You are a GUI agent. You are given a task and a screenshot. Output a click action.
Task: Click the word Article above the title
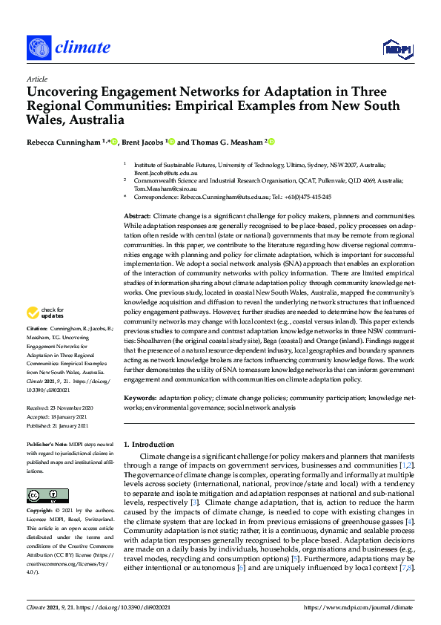click(x=36, y=79)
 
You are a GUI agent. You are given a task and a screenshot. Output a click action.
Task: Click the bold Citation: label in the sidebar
click(x=38, y=347)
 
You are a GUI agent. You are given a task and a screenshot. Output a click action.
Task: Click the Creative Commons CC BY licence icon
click(x=42, y=495)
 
